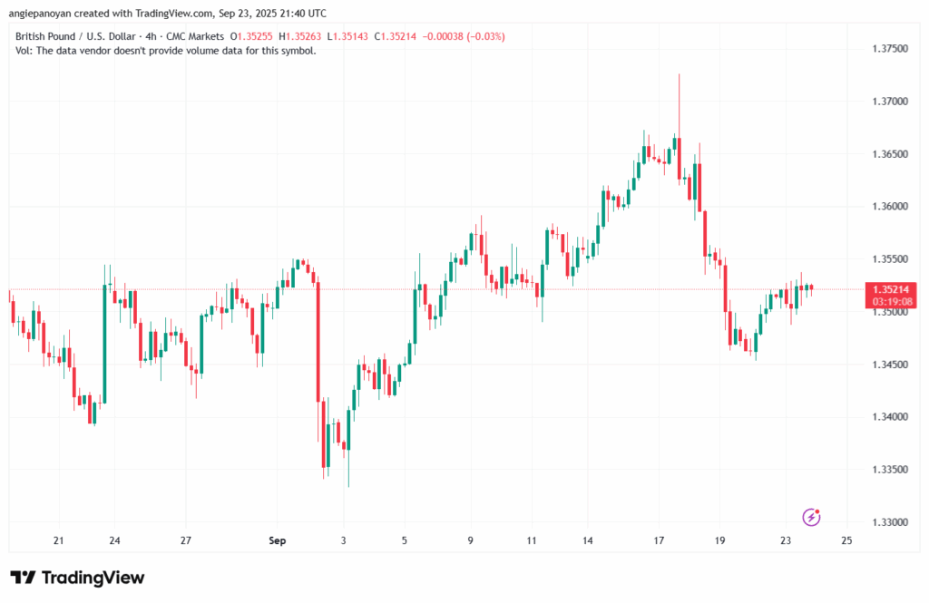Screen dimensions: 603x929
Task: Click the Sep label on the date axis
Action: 278,541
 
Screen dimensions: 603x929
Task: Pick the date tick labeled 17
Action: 660,541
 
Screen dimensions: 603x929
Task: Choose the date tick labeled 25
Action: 846,541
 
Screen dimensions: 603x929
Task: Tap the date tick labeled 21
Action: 58,541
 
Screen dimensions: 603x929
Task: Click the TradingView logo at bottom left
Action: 77,578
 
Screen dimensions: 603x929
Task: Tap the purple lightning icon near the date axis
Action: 812,517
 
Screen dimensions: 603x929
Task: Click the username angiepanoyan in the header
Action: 52,14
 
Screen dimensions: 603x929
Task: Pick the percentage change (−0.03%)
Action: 486,36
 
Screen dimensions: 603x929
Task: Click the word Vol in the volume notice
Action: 24,51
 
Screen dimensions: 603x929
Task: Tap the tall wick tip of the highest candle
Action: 679,75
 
